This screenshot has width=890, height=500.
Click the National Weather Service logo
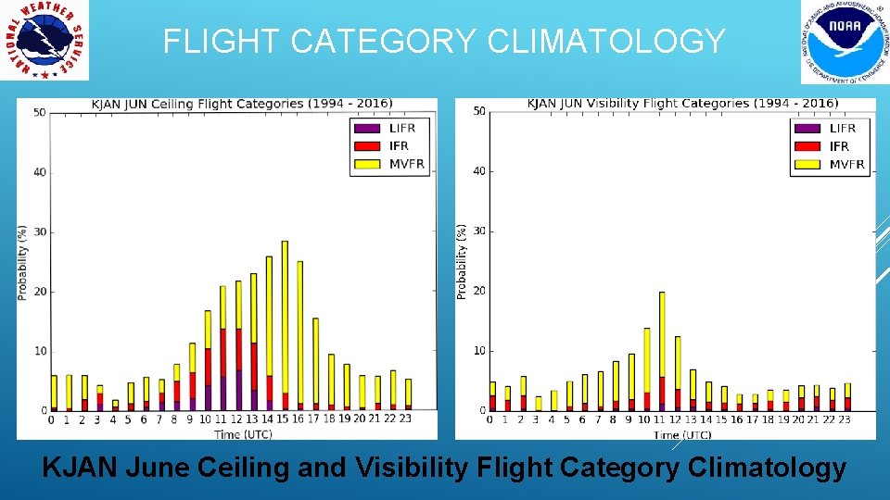pyautogui.click(x=44, y=40)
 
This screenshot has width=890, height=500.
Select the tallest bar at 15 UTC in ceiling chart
pyautogui.click(x=285, y=324)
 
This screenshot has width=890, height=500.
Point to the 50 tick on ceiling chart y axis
pyautogui.click(x=39, y=113)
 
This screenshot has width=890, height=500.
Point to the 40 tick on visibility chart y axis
pyautogui.click(x=478, y=171)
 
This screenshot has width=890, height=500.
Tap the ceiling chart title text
pyautogui.click(x=241, y=104)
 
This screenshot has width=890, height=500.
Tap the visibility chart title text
pyautogui.click(x=682, y=103)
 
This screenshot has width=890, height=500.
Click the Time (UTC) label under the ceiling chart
pyautogui.click(x=243, y=433)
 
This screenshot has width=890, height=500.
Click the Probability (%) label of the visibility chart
pyautogui.click(x=462, y=260)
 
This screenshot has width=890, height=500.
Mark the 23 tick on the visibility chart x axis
pyautogui.click(x=845, y=419)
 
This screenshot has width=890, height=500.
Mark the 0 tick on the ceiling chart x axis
pyautogui.click(x=52, y=419)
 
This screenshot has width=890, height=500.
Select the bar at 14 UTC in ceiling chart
pyautogui.click(x=269, y=333)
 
